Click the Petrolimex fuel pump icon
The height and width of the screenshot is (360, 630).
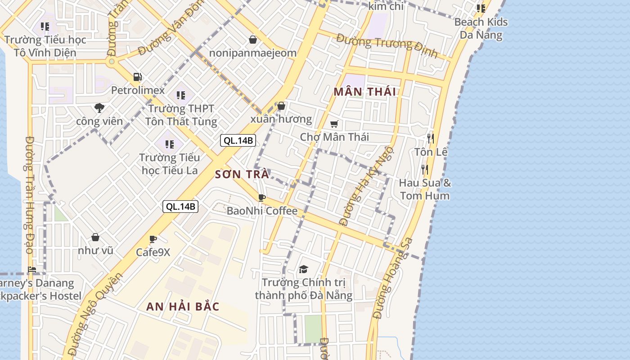coord(138,77)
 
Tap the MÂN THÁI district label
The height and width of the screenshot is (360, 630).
coord(365,92)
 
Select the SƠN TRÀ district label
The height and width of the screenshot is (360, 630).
coord(242,174)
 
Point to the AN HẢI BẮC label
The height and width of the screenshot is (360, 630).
coord(183,307)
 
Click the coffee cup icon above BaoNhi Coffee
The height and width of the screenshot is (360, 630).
coord(261,198)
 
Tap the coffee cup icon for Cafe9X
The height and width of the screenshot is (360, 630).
coord(153,239)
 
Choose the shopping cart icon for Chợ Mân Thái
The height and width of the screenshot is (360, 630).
coord(334,124)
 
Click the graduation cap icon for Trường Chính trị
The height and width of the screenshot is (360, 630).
coord(303,270)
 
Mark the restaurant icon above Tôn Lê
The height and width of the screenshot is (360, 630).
coord(431,138)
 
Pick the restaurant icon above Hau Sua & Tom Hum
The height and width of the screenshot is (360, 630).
coord(424,169)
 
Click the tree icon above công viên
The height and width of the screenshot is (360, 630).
coord(99,108)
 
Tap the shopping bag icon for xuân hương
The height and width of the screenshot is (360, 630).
coord(281,106)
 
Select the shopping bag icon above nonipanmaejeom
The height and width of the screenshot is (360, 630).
coord(253,40)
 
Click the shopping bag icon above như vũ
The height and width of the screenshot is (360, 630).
coord(95,237)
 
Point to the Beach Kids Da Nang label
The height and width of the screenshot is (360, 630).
coord(481,28)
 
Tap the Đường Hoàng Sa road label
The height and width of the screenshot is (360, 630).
coord(393,279)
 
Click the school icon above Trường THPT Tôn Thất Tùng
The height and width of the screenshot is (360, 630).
coord(181,95)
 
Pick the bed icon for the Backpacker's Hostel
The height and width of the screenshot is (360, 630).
coord(32,270)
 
